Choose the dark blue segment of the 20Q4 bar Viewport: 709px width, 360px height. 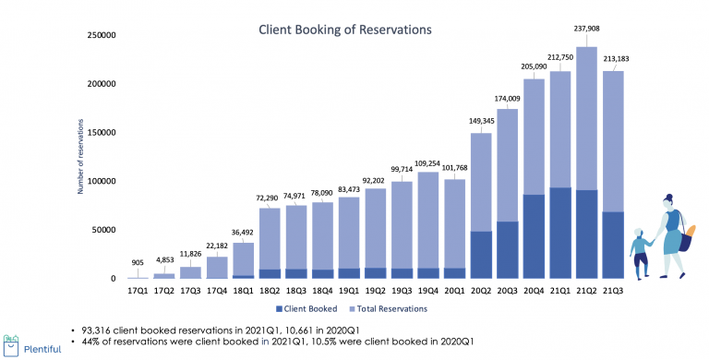tap(533, 236)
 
